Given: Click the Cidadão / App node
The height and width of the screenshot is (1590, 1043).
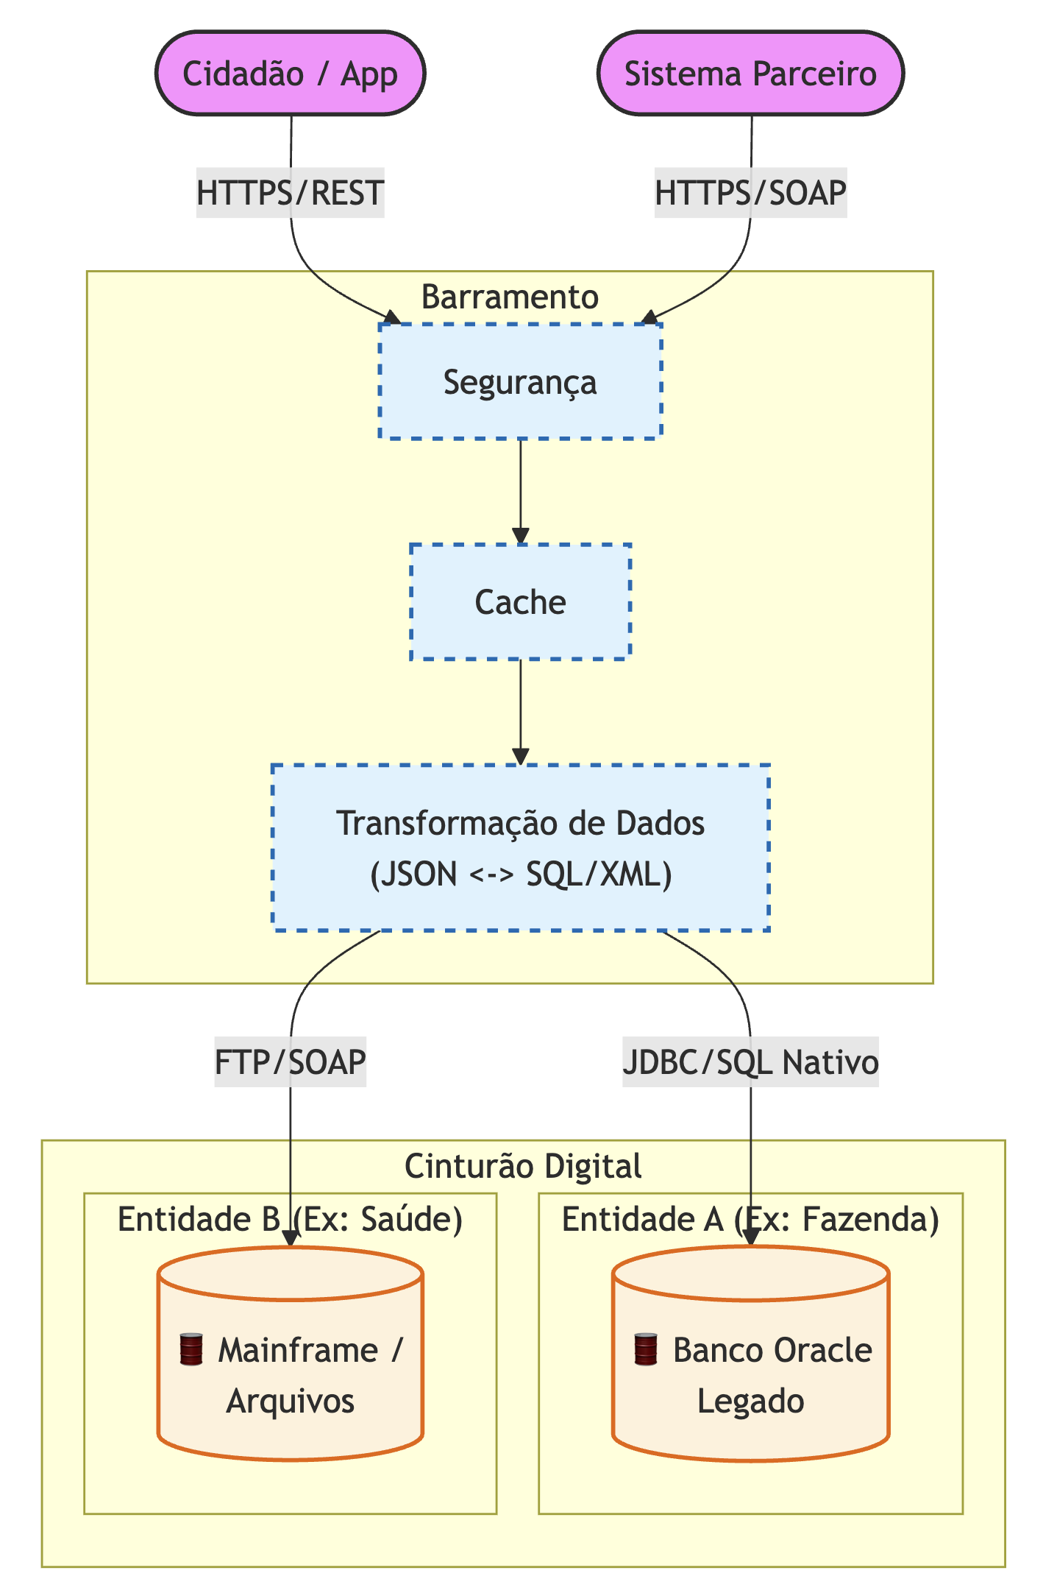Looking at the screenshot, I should click(290, 74).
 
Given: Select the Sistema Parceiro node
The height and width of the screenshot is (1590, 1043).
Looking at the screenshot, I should click(750, 74).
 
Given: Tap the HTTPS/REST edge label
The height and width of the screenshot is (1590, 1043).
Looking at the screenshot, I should click(290, 193).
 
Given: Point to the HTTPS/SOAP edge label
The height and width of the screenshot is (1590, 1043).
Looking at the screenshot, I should click(750, 193).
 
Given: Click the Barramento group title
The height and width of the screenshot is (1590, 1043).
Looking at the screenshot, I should click(510, 297).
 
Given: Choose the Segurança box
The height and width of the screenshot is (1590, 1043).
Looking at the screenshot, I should click(520, 382).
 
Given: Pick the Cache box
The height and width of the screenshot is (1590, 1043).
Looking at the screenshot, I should click(520, 602).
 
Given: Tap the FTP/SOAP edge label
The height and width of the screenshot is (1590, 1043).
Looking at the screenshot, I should click(290, 1062).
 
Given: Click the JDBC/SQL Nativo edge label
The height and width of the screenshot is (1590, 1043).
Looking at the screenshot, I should click(750, 1062).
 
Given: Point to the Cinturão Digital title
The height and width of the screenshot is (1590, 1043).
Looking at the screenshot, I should click(523, 1166).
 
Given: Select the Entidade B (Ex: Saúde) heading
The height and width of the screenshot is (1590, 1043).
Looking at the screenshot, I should click(290, 1220).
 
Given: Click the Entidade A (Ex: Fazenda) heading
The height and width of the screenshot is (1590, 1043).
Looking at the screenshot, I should click(750, 1220).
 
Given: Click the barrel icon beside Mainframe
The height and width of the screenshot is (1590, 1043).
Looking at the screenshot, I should click(191, 1351).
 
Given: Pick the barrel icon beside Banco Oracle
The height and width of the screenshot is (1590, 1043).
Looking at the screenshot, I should click(646, 1351).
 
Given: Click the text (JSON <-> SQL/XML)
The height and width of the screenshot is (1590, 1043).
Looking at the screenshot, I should click(520, 875).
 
